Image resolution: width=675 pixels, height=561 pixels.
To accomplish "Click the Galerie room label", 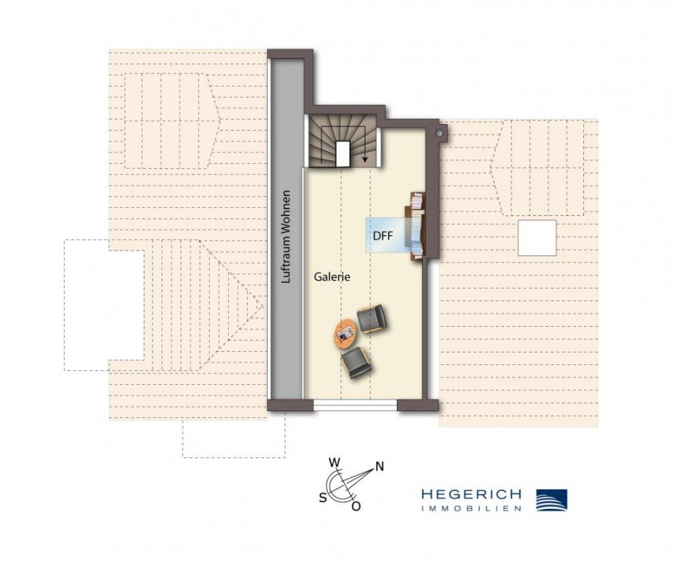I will tap(332, 277).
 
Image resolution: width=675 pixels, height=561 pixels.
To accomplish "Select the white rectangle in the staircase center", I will tap(343, 153).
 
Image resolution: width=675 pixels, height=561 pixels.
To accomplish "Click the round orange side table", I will tap(345, 335).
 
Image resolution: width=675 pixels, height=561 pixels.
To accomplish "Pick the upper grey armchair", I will tap(371, 319).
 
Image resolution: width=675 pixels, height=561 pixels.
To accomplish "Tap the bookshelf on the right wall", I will tap(416, 224).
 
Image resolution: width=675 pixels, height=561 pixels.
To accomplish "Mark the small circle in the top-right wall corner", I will tap(439, 134).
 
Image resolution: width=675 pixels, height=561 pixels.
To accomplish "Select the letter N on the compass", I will tap(379, 466).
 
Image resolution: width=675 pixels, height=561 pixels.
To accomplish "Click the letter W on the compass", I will tap(334, 463).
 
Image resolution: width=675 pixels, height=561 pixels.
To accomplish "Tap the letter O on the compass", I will tap(356, 506).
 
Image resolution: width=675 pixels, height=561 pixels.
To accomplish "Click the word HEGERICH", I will tap(471, 495).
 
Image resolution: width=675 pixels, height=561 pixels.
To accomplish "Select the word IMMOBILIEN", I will tap(471, 508).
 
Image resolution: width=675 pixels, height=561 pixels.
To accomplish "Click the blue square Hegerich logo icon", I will tap(552, 500).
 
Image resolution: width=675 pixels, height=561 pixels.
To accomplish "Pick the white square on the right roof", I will tap(536, 237).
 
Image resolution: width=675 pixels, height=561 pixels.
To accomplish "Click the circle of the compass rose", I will tap(341, 485).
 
